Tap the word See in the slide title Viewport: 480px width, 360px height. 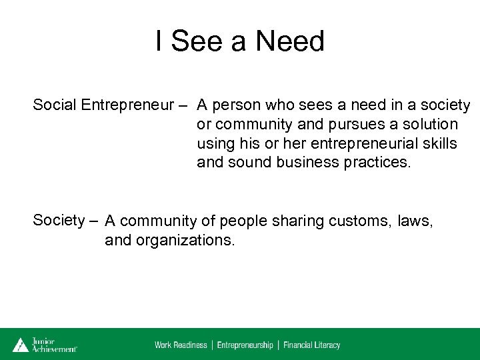[x=197, y=41]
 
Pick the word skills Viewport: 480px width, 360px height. [x=439, y=144]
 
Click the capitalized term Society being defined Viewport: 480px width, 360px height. [x=59, y=219]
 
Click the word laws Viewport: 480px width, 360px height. [x=415, y=221]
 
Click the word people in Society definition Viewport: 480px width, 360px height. [x=241, y=221]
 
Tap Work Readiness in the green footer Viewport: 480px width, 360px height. [x=181, y=345]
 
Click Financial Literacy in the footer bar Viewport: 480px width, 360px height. [x=311, y=345]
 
